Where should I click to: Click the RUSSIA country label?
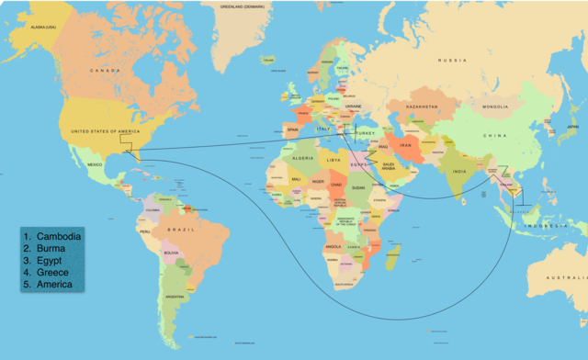pos(452,61)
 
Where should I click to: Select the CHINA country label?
pos(494,136)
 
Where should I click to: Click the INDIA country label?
pos(458,172)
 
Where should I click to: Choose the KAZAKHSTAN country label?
pos(425,107)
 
